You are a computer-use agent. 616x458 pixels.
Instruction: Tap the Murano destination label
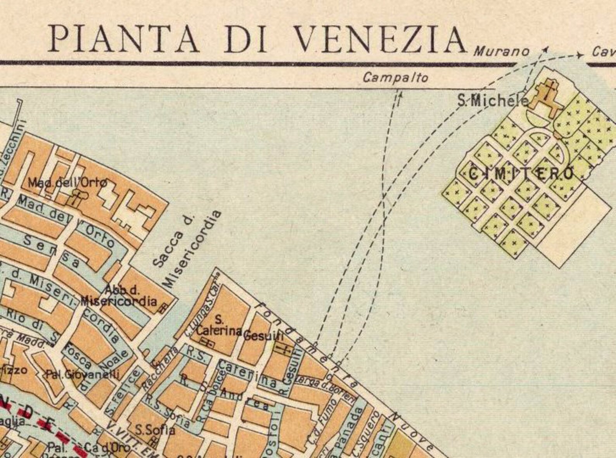point(502,52)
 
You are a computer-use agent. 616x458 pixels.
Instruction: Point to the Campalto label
point(396,78)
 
